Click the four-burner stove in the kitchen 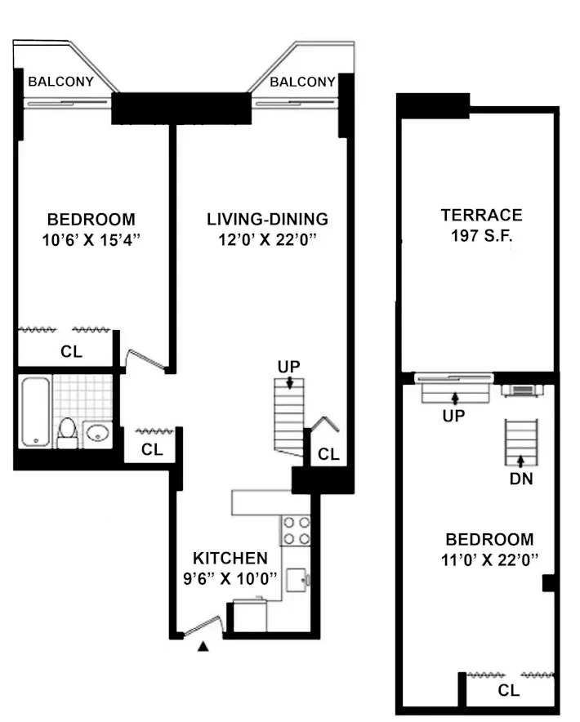coord(296,530)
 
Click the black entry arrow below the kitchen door coord(203,648)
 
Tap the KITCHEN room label coord(230,559)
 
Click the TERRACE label coord(481,216)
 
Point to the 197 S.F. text coord(481,236)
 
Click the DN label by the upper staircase coord(521,479)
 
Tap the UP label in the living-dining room coord(288,367)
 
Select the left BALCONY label coord(61,82)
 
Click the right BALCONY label coord(302,82)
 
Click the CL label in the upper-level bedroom coord(508,690)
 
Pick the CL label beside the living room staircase coord(328,455)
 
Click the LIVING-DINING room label coord(267,219)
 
